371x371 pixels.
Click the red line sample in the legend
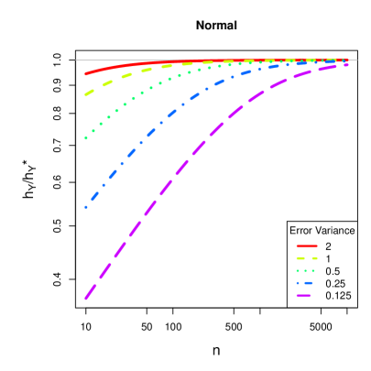306,246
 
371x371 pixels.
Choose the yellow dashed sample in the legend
306,258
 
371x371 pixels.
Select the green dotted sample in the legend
306,270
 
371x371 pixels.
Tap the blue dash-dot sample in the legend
306,283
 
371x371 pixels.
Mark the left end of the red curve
86,73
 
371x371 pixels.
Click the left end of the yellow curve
86,93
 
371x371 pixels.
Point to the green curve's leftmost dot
86,137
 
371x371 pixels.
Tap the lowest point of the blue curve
86,206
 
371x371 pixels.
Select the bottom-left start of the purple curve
86,298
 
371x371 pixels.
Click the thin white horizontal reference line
220,60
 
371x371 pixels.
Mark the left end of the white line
76,60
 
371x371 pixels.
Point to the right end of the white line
356,60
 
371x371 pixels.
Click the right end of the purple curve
347,65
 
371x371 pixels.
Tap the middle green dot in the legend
306,270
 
